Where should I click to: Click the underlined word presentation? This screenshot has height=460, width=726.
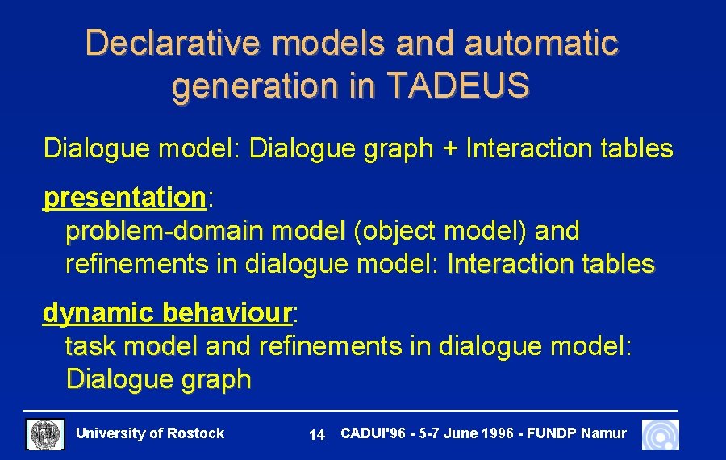[x=125, y=197]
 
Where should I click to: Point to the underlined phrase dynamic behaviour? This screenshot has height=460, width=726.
[x=167, y=312]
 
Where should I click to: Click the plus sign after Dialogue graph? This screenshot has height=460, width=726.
[x=449, y=148]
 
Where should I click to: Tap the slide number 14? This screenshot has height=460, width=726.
[x=317, y=435]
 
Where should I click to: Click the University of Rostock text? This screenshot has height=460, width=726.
[x=149, y=433]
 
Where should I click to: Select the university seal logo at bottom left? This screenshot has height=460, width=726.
[x=45, y=434]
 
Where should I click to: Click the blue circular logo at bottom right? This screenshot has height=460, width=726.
[x=661, y=434]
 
